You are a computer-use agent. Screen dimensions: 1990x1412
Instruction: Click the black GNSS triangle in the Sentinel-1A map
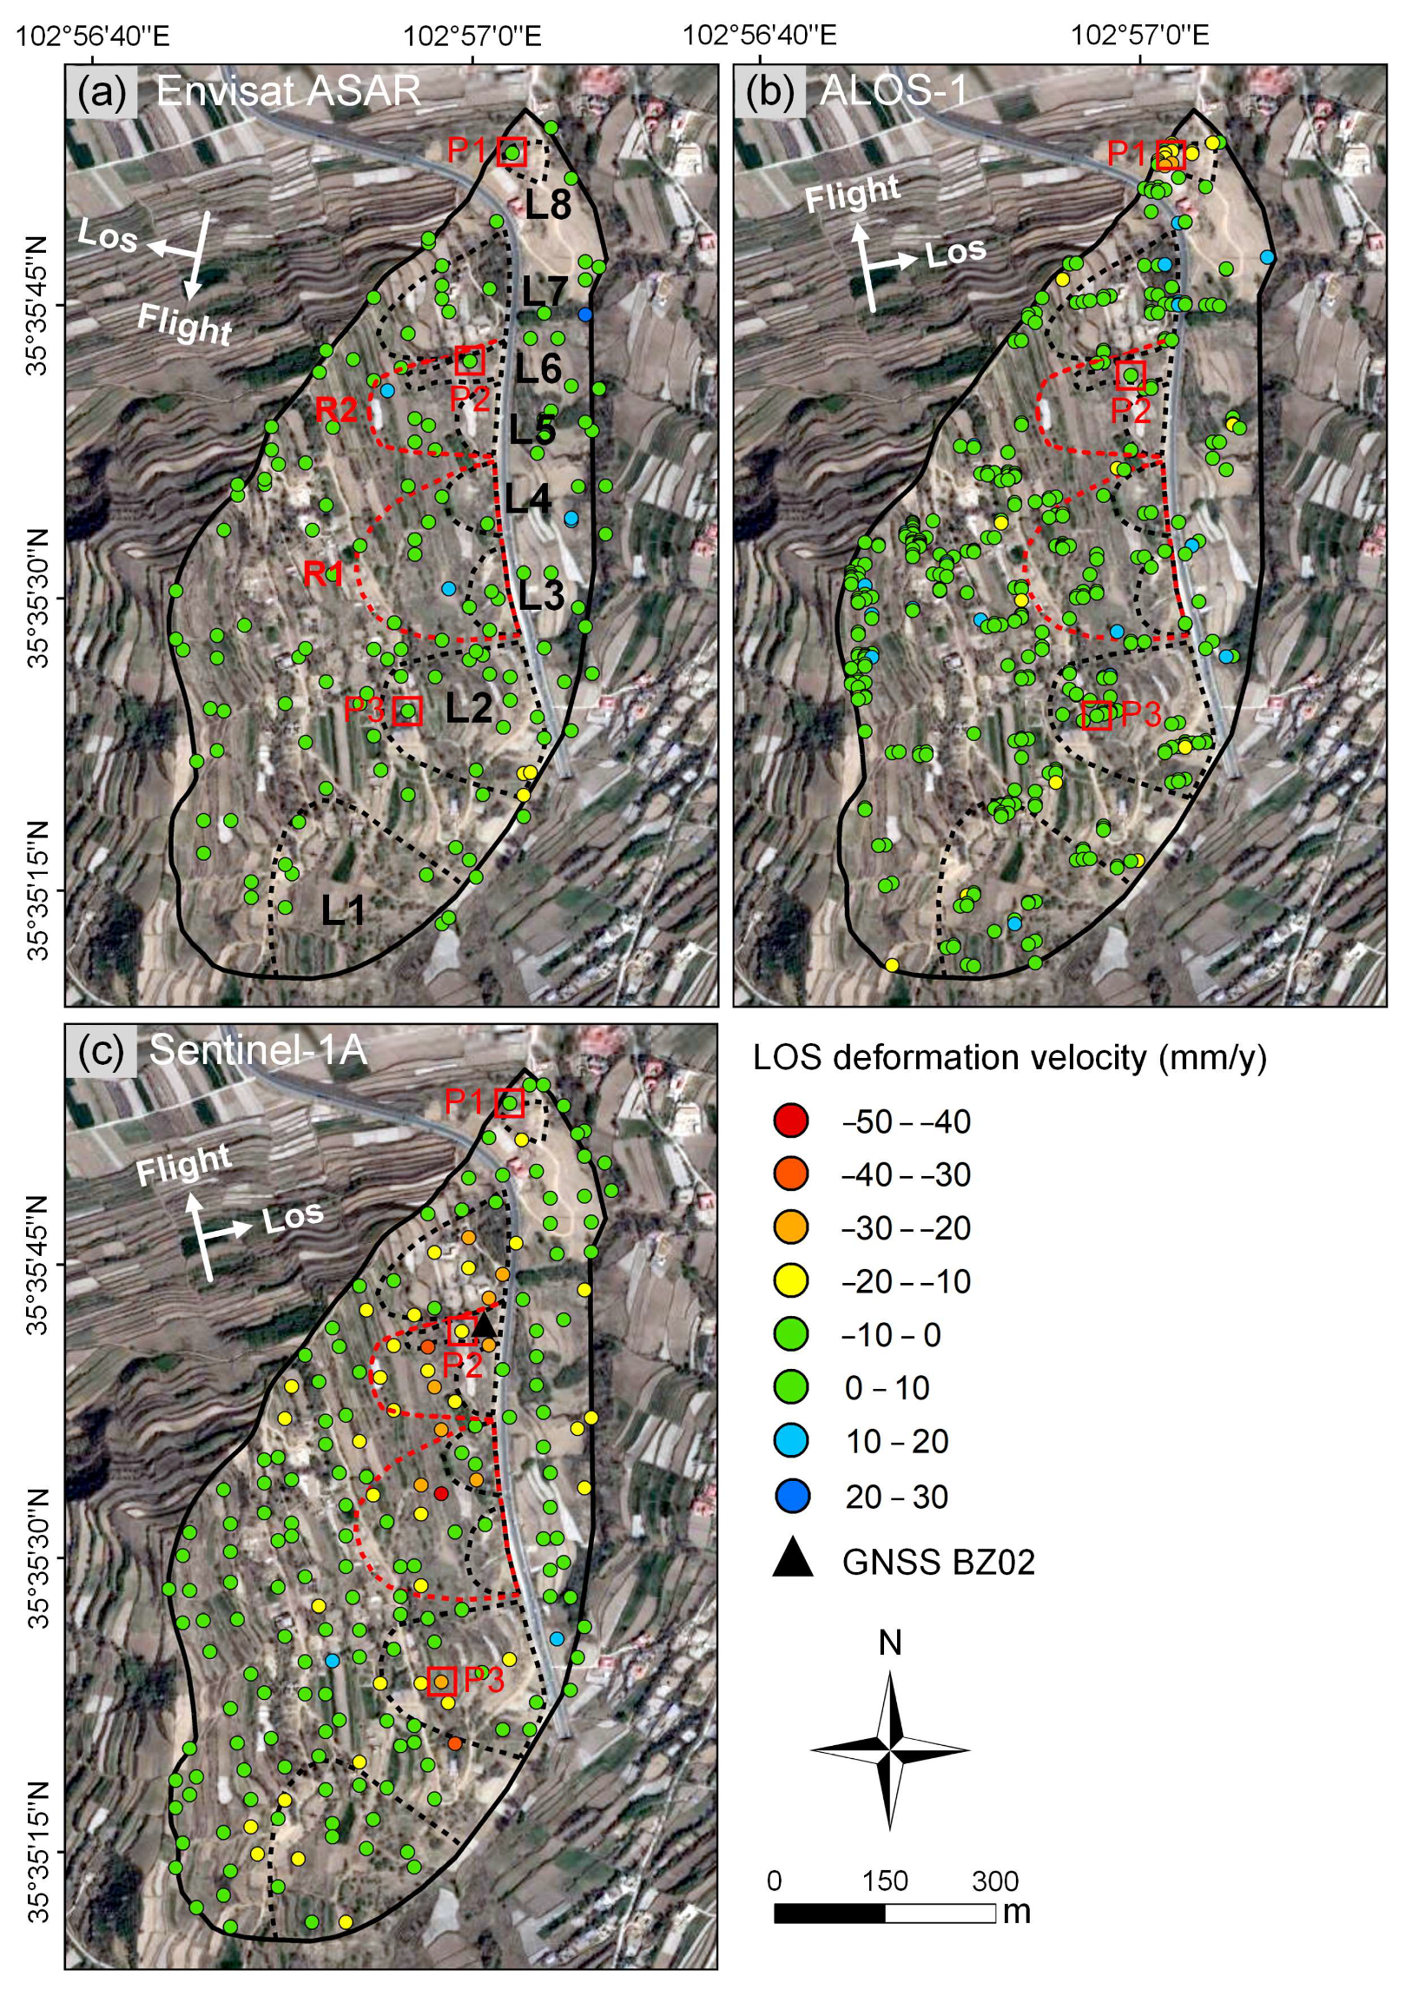tap(484, 1326)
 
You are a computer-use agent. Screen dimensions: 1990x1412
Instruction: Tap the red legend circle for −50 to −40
tap(790, 1121)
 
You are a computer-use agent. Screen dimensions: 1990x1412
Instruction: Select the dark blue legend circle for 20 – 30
tap(790, 1496)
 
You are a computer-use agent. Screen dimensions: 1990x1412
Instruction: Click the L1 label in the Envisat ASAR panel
tap(343, 910)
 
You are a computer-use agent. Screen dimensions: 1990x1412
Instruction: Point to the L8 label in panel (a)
tap(548, 204)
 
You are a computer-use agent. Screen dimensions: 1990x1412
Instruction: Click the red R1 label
tap(322, 574)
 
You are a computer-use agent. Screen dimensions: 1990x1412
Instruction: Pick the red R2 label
tap(335, 410)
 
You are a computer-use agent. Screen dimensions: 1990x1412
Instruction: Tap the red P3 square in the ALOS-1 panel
tap(1098, 715)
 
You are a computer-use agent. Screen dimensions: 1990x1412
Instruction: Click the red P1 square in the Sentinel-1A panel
tap(510, 1103)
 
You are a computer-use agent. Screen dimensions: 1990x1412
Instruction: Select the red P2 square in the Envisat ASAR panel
tap(470, 360)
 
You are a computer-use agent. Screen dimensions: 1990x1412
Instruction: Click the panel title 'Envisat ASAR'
tap(287, 91)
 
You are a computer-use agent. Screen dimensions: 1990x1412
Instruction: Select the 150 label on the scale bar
tap(884, 1881)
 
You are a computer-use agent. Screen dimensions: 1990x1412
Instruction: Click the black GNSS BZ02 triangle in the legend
tap(792, 1558)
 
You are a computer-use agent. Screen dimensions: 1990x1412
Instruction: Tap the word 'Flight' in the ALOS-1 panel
tap(852, 194)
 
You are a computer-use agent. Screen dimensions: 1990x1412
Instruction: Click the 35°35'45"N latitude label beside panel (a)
tap(37, 305)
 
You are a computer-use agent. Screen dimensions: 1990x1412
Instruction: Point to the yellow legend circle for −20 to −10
tap(790, 1280)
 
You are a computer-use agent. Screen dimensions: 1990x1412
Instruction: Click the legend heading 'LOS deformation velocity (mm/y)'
tap(1008, 1058)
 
